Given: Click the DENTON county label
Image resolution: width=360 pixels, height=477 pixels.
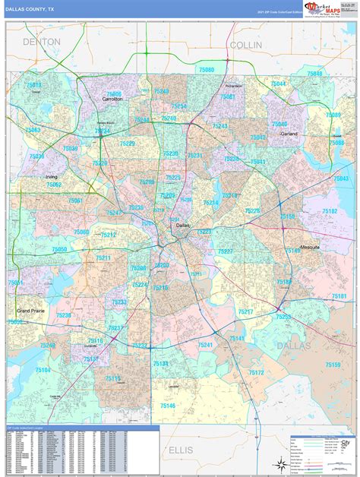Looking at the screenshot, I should point(41,43).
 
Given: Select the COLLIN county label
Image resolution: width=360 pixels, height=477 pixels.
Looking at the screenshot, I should point(245,46).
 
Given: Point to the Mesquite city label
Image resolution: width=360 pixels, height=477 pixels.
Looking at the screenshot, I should point(309,247).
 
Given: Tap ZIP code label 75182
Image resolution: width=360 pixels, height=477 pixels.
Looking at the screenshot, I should point(330,211).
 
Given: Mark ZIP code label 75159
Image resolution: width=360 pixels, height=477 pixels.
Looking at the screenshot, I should point(333,365).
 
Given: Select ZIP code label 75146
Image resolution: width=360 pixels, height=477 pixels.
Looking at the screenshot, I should point(167,406).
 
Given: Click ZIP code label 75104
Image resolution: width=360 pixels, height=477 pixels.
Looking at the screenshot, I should point(43,370).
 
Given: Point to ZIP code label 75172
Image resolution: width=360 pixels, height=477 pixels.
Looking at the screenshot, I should point(256,372).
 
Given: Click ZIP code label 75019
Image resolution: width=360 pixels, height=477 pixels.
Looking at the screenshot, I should point(33,85).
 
